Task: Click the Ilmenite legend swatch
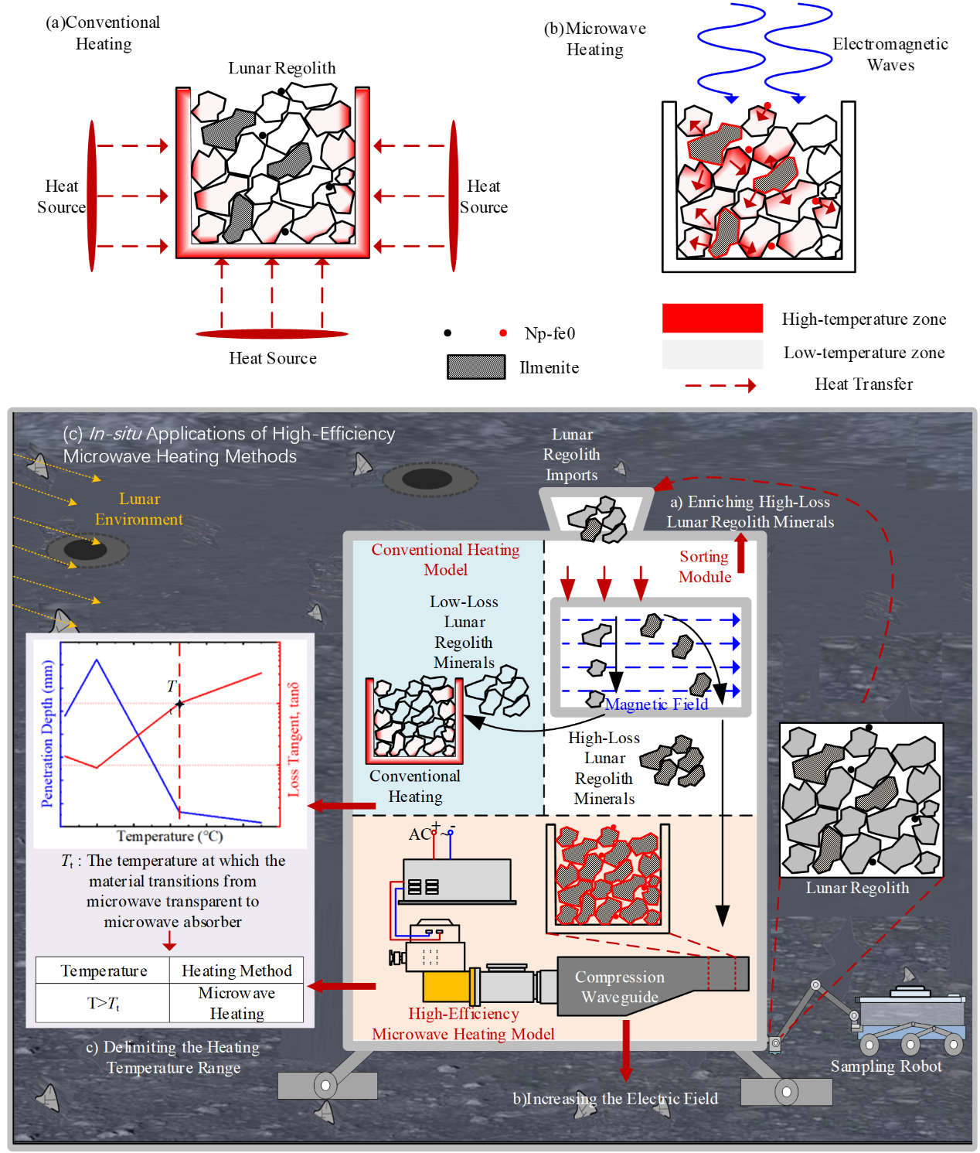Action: [x=475, y=367]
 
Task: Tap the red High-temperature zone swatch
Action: [x=712, y=318]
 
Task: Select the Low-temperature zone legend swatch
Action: [x=712, y=353]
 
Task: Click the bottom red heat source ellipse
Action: [x=271, y=333]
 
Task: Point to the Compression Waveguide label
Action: [x=619, y=987]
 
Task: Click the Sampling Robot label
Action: [x=885, y=1066]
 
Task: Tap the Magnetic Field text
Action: [x=656, y=704]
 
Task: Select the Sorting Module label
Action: [x=704, y=566]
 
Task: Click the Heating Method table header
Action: [x=236, y=970]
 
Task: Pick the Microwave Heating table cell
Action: [x=236, y=1003]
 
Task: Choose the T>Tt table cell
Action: [x=103, y=1003]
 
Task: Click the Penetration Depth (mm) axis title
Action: [x=47, y=733]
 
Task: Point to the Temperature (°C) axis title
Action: [x=169, y=836]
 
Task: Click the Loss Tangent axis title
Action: [x=293, y=739]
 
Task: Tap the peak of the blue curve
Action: [x=97, y=660]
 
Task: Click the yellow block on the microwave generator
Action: [x=445, y=987]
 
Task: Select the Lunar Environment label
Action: [x=139, y=509]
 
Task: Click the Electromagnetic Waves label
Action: [x=890, y=54]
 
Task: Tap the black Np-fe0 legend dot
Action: [x=447, y=333]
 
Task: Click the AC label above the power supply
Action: [x=419, y=834]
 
